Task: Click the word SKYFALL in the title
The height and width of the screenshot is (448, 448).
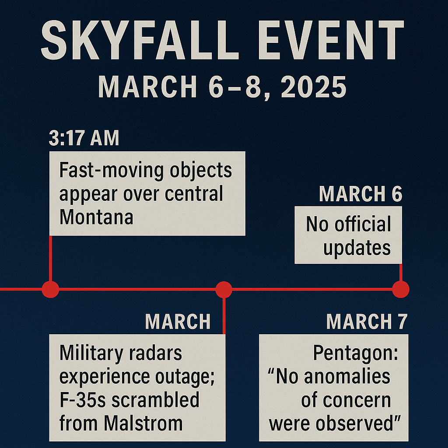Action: tap(140, 40)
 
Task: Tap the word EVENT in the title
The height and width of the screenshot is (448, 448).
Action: tap(331, 40)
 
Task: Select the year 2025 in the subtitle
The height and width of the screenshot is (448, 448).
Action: tap(314, 87)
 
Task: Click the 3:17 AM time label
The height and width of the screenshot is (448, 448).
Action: tap(84, 138)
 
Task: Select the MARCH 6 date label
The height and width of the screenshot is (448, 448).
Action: tap(360, 194)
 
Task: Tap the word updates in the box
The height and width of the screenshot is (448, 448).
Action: tap(357, 248)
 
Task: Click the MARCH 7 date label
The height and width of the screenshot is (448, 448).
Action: tap(367, 322)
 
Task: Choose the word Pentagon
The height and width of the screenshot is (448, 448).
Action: tap(356, 353)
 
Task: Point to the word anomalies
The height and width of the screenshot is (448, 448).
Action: tap(347, 376)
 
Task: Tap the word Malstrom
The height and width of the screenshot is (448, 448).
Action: tap(143, 423)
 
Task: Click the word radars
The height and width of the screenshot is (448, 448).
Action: tap(155, 353)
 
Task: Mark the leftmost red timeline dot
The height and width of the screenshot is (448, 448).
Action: tap(51, 290)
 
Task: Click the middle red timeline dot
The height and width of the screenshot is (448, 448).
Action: tap(224, 290)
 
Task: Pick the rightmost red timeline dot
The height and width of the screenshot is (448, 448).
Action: tap(401, 290)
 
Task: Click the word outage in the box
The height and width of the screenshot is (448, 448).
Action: tap(185, 377)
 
